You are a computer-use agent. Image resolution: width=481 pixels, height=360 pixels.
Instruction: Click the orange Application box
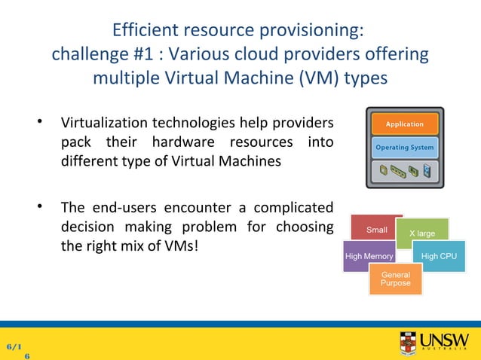click(x=405, y=124)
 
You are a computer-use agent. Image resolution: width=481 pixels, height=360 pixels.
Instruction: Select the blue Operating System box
click(x=405, y=148)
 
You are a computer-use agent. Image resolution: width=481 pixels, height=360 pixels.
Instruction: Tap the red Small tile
click(x=376, y=229)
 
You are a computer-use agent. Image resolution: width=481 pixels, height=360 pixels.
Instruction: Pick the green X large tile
click(x=422, y=233)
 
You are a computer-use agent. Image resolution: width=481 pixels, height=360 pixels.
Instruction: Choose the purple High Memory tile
click(x=369, y=257)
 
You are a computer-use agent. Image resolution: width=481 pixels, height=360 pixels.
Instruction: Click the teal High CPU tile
click(x=439, y=257)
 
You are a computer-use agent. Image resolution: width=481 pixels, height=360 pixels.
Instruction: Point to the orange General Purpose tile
click(x=396, y=279)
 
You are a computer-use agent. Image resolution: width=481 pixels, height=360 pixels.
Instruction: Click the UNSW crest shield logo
click(x=408, y=343)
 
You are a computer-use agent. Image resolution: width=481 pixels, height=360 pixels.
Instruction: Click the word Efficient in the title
click(x=145, y=31)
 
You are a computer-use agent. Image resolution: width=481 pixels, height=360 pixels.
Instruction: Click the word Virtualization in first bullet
click(x=104, y=123)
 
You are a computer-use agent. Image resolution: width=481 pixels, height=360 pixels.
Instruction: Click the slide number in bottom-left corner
click(x=17, y=350)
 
